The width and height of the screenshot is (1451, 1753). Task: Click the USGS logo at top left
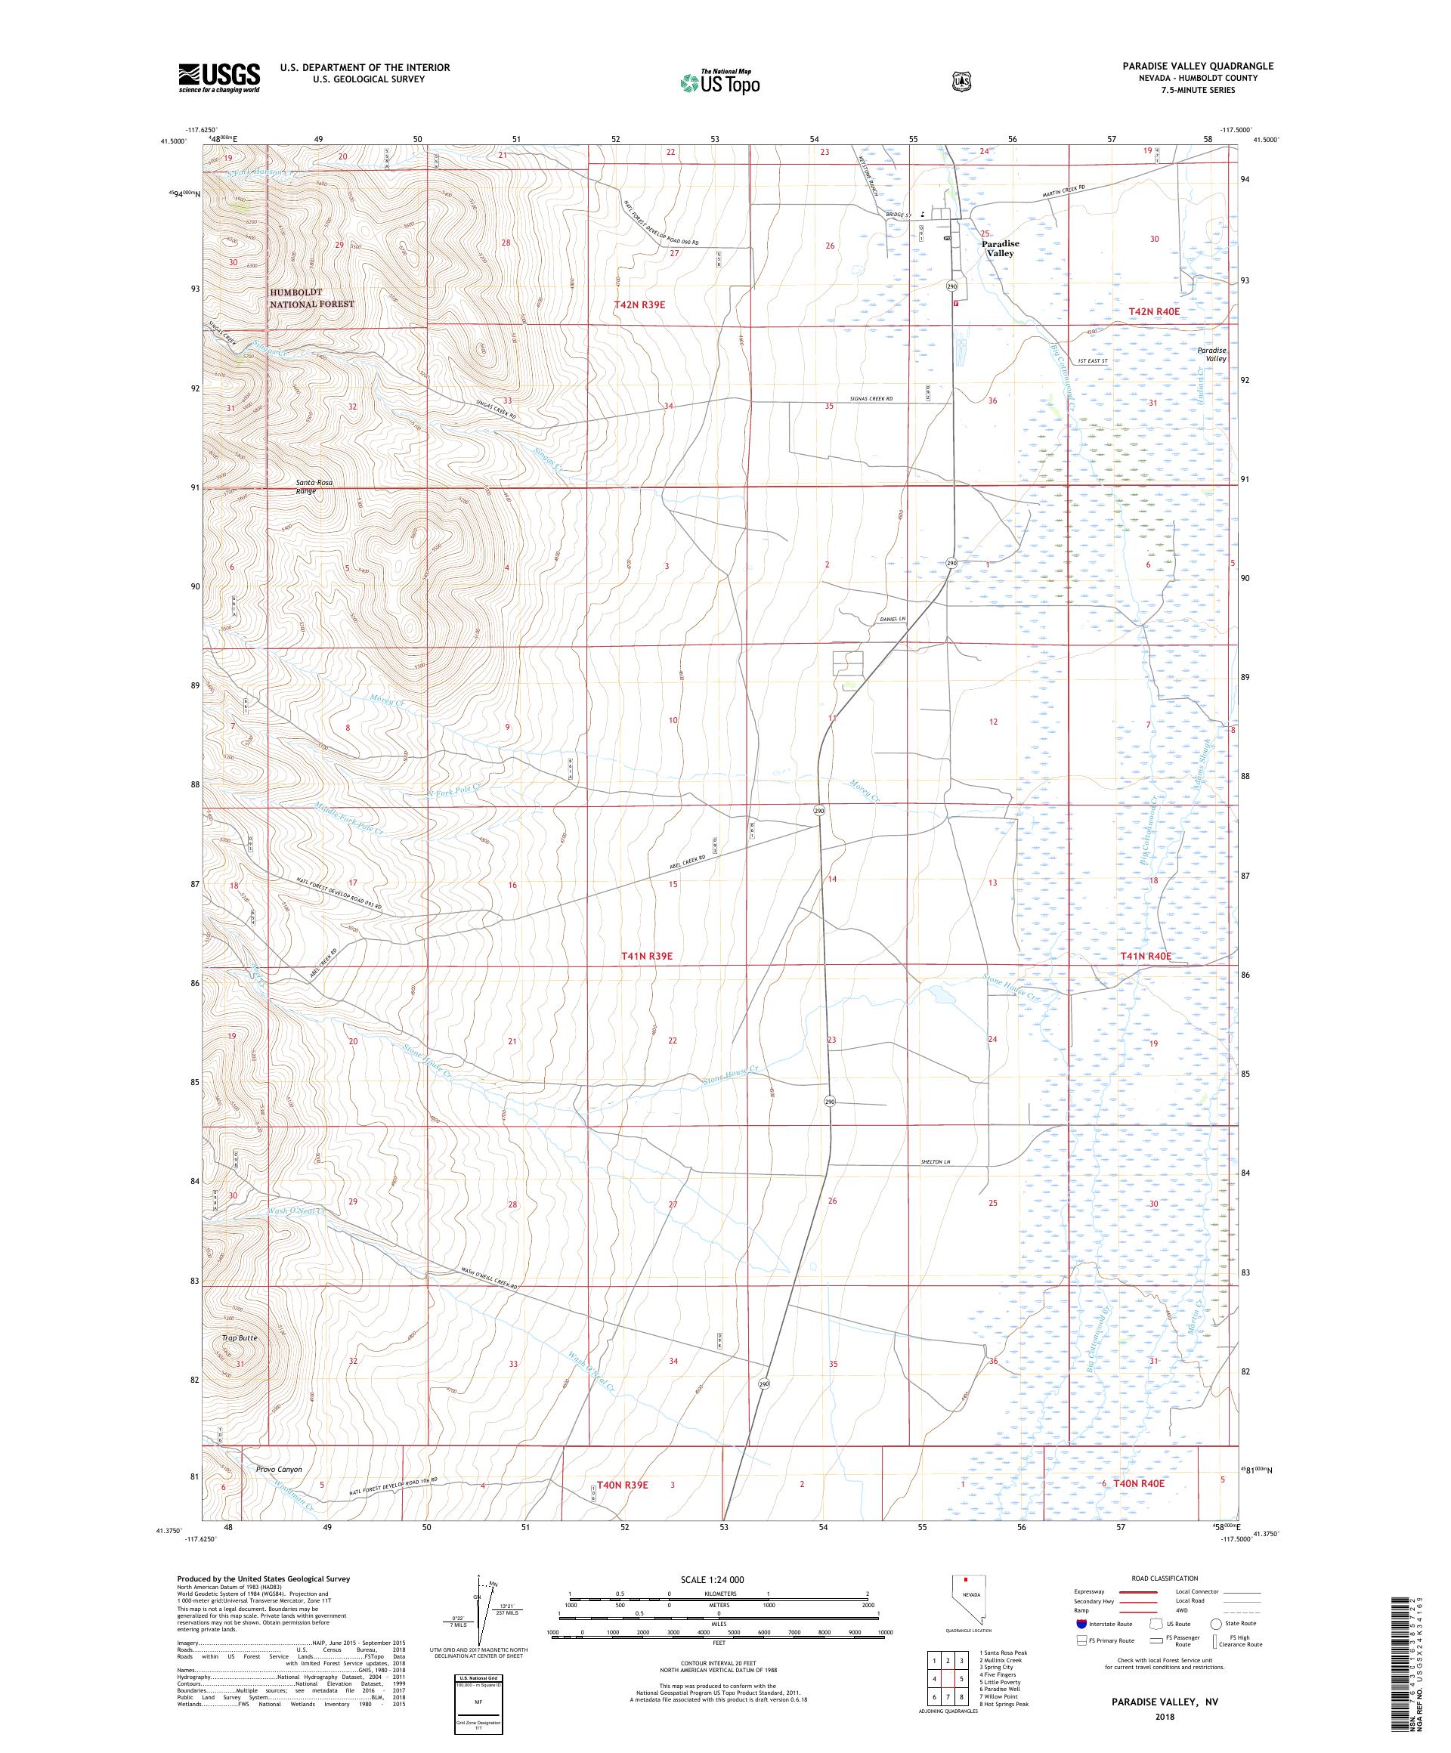(x=218, y=79)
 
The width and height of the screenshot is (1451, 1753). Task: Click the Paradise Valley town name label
(x=999, y=248)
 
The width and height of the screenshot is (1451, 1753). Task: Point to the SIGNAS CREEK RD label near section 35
(x=868, y=400)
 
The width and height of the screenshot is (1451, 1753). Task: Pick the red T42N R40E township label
(x=1154, y=311)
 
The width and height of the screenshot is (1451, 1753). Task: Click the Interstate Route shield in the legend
(x=1082, y=1624)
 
